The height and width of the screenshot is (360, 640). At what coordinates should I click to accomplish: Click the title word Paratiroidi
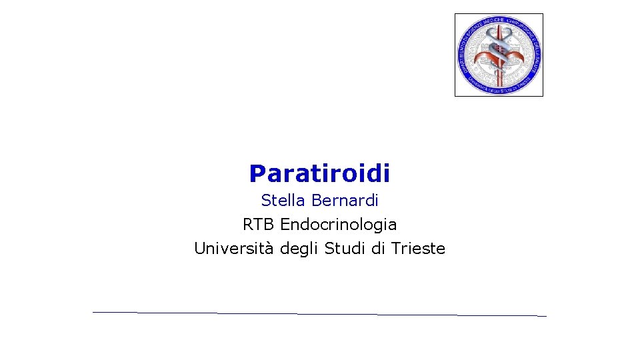(x=319, y=174)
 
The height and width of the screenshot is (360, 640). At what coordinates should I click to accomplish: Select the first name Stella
(x=279, y=200)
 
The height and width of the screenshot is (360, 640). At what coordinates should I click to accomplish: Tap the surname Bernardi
(x=345, y=200)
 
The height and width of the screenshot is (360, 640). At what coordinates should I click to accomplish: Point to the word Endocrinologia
(x=338, y=224)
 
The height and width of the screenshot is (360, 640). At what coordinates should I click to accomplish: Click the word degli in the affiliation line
(x=300, y=249)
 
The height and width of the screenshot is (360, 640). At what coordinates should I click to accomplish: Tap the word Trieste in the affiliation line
(x=418, y=249)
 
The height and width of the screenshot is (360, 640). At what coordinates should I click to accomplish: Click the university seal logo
(x=499, y=55)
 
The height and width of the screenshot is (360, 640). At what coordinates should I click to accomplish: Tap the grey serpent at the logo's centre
(x=499, y=51)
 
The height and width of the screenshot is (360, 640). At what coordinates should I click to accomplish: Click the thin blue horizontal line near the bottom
(x=319, y=313)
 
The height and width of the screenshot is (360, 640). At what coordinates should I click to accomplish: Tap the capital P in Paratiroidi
(x=257, y=174)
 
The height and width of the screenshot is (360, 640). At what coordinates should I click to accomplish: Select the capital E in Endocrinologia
(x=285, y=224)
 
